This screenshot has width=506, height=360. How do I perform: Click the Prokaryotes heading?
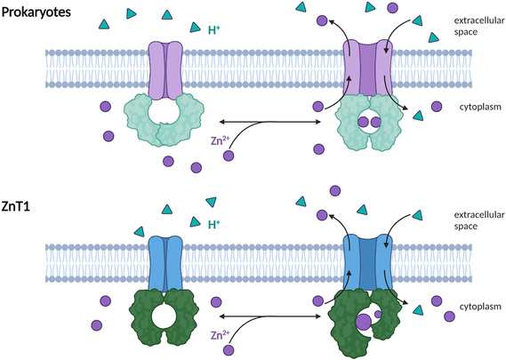[36, 12]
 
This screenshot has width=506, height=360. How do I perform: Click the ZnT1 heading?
[16, 206]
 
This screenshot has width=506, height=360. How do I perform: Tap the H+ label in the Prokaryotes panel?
[214, 30]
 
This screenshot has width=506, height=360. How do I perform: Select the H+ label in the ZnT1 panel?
[214, 224]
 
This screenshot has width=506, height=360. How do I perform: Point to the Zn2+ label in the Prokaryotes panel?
[220, 140]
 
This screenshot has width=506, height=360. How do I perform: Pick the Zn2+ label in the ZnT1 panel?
[220, 335]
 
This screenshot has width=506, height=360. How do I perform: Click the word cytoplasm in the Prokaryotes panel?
[480, 107]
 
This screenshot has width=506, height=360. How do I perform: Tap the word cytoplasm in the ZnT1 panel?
[480, 307]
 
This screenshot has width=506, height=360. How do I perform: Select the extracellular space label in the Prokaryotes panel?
[479, 26]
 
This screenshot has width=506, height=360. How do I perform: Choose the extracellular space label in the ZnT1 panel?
[479, 220]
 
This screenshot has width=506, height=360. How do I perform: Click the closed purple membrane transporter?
[165, 70]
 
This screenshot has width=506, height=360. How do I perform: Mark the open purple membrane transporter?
[367, 68]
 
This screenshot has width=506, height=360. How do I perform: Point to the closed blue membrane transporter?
[165, 264]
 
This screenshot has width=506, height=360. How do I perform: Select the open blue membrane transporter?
[367, 262]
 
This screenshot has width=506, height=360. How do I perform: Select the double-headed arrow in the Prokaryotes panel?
[269, 122]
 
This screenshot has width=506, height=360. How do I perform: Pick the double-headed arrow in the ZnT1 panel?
[269, 316]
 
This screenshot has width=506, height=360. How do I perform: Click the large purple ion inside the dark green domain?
[364, 322]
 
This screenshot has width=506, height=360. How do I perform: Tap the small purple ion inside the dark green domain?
[378, 314]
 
